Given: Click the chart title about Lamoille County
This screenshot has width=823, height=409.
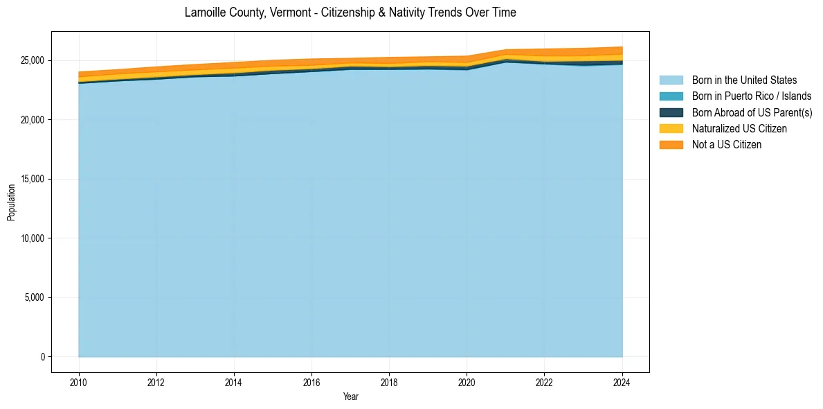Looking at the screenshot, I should (x=350, y=12).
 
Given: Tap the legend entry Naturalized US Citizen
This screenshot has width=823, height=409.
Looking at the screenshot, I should (x=739, y=128).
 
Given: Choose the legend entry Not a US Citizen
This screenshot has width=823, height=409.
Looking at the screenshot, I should (x=726, y=144).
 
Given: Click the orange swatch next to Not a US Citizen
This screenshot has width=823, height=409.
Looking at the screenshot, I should (x=671, y=144).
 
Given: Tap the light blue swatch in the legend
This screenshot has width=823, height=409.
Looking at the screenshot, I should (x=671, y=80).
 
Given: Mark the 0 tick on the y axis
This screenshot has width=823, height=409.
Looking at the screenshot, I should (x=42, y=357).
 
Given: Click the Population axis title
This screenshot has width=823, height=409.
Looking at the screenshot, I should (x=11, y=202).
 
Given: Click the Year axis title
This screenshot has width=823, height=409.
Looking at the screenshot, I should (x=350, y=397).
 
